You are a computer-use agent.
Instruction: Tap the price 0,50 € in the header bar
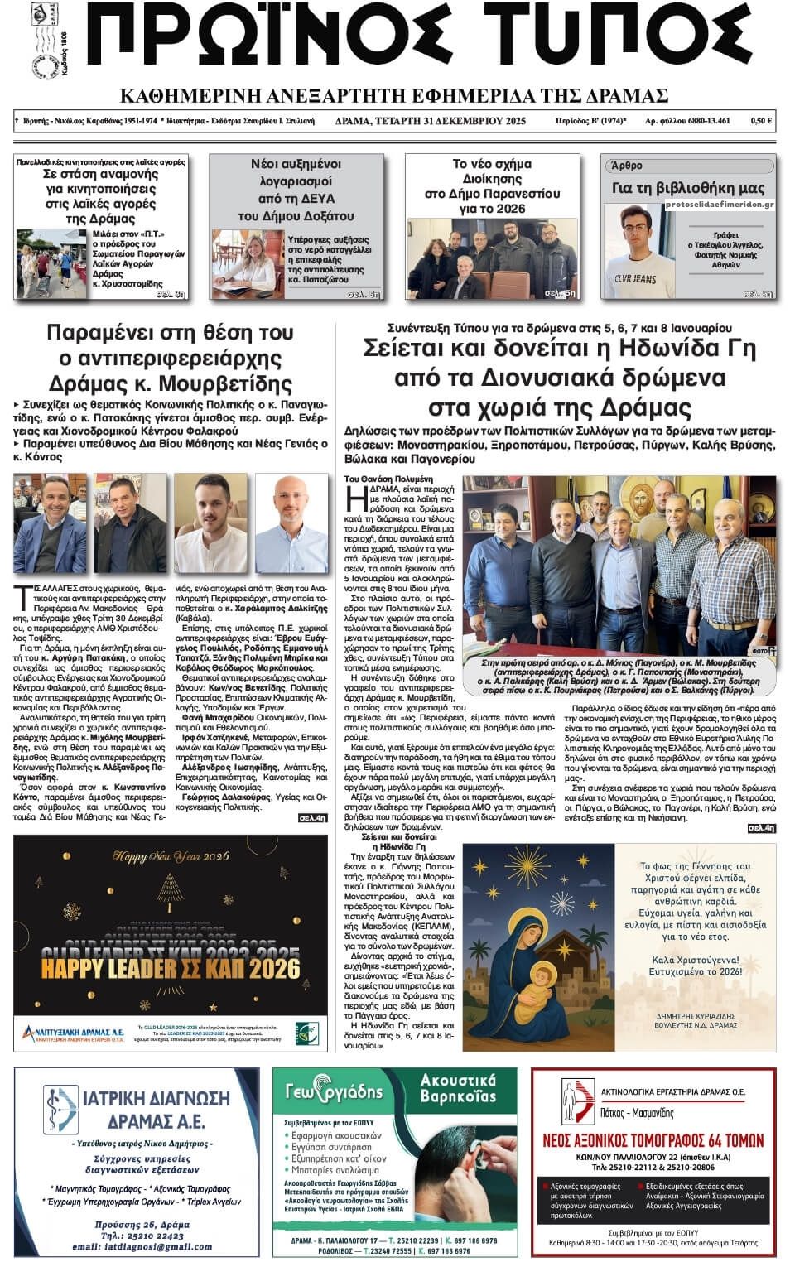pyautogui.click(x=761, y=121)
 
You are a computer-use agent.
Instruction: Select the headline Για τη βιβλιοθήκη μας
pyautogui.click(x=688, y=188)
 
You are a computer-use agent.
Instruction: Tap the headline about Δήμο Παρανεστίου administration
pyautogui.click(x=492, y=186)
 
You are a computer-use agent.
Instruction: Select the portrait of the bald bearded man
pyautogui.click(x=291, y=520)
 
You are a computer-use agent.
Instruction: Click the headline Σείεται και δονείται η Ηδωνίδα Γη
pyautogui.click(x=560, y=348)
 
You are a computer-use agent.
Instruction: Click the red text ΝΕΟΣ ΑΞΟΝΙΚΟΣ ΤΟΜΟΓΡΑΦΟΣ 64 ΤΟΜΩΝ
pyautogui.click(x=653, y=1140)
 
